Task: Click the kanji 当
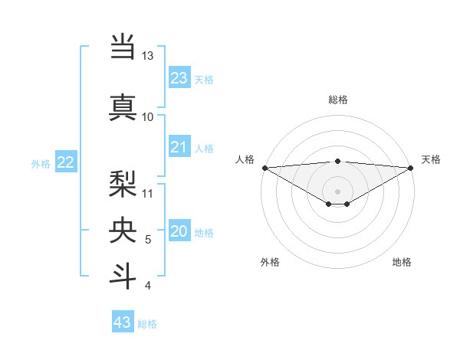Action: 123,47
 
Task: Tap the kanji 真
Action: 123,107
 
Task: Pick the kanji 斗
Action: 123,276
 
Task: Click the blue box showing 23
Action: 179,78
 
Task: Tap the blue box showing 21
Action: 179,147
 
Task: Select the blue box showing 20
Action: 179,231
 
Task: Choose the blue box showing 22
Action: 66,162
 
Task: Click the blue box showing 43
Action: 123,322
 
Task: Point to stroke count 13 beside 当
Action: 147,56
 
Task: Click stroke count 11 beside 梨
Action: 148,193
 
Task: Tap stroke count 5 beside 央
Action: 148,240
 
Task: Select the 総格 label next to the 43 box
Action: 147,324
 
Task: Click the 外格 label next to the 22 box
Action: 41,164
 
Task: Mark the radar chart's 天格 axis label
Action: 431,159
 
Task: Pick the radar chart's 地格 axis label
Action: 402,262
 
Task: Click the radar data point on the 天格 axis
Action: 410,167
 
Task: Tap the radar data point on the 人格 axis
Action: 264,167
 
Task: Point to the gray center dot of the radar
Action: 337,190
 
